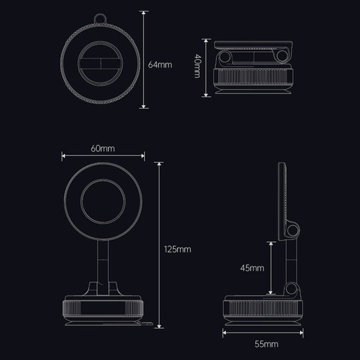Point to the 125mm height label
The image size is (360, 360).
(177, 249)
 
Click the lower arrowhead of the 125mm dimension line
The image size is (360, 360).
(159, 326)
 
